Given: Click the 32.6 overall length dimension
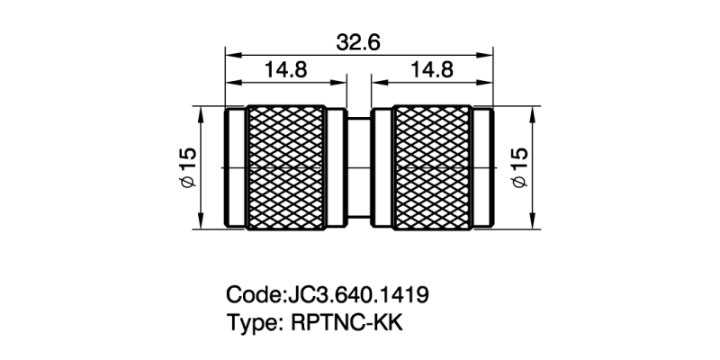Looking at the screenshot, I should pyautogui.click(x=358, y=42).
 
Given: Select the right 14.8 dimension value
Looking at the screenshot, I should pyautogui.click(x=432, y=70).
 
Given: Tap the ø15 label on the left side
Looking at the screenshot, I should pyautogui.click(x=187, y=167).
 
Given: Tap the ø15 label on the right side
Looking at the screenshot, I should pyautogui.click(x=520, y=167).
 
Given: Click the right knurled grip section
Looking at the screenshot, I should pyautogui.click(x=431, y=167).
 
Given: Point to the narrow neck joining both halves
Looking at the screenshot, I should pyautogui.click(x=358, y=167).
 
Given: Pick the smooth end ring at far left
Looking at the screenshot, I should pyautogui.click(x=234, y=167).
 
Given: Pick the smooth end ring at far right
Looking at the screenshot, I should pyautogui.click(x=481, y=167).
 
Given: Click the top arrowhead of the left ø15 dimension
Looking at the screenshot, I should pyautogui.click(x=200, y=113).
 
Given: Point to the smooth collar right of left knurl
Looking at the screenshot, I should pyautogui.click(x=337, y=167).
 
